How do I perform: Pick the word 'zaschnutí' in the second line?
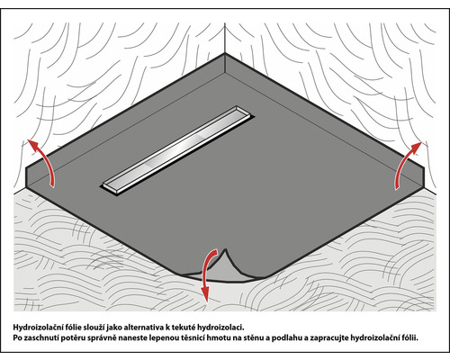pyautogui.click(x=46, y=340)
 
